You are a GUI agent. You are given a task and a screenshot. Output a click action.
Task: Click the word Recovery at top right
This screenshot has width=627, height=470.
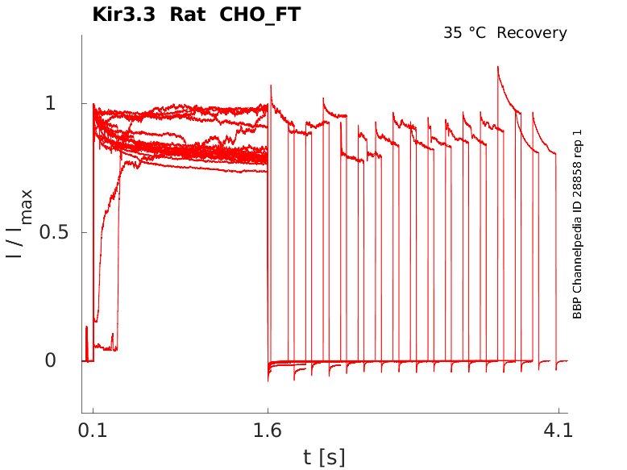click(532, 33)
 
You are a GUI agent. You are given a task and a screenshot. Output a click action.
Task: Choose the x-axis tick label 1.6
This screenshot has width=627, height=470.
click(268, 431)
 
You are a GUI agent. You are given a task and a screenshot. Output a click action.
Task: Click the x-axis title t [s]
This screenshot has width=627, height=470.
click(324, 457)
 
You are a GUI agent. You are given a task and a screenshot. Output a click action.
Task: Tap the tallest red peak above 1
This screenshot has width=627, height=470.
click(498, 69)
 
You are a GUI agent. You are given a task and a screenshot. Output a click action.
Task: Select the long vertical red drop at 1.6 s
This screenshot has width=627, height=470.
click(268, 242)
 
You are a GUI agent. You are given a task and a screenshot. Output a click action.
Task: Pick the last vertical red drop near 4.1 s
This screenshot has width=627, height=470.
click(556, 258)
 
